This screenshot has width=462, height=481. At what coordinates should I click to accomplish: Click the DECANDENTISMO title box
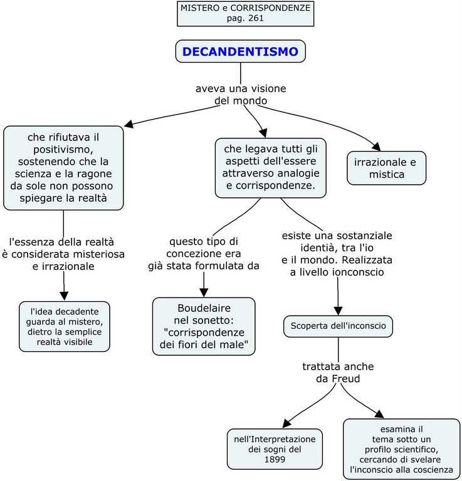pos(240,51)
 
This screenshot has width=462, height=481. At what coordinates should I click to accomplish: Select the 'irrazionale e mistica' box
pos(387,168)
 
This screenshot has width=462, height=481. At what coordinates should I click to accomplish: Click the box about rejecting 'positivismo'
pos(63,168)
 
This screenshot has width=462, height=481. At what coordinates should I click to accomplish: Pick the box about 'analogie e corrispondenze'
pos(270,165)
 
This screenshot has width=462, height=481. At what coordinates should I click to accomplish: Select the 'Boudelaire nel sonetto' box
pos(204,326)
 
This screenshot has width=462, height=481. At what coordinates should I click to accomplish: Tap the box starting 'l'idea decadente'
pos(65,326)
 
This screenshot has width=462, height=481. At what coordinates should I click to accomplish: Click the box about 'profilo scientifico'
pos(401,449)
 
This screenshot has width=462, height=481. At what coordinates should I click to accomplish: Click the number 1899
pos(274,460)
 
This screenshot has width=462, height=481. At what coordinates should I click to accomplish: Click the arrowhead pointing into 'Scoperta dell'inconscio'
pos(339,309)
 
